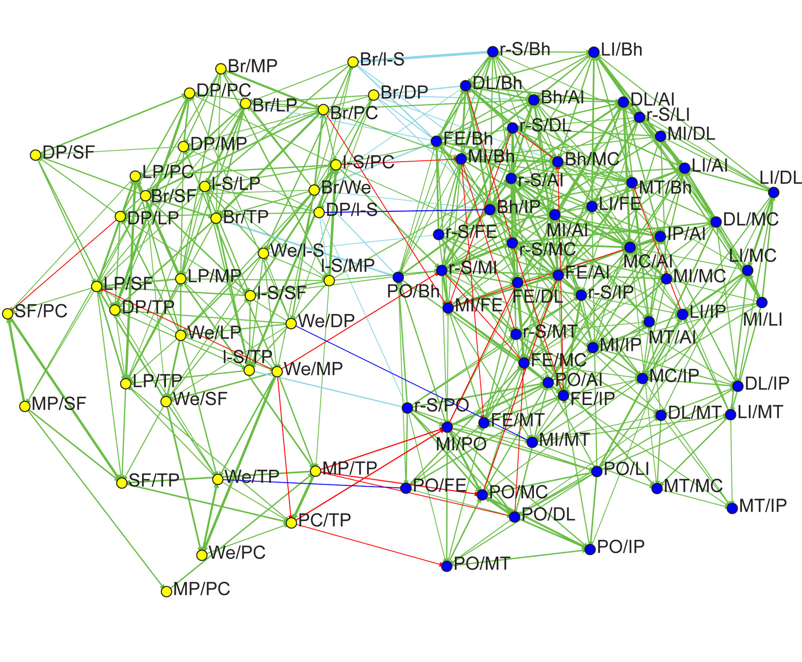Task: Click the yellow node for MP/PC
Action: tap(166, 591)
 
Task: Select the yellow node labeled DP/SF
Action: tap(36, 155)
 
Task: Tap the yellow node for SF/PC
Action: tap(8, 314)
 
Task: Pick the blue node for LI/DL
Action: tap(773, 192)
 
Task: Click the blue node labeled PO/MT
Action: tap(447, 566)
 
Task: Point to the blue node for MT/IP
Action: tap(732, 508)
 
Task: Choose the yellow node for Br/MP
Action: tap(221, 69)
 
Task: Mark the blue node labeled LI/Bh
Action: tap(594, 52)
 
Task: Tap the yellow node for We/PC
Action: tap(202, 555)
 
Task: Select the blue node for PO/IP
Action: tap(590, 549)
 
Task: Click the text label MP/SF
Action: tap(59, 404)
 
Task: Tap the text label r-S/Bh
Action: tap(525, 49)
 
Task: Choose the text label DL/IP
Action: tap(767, 384)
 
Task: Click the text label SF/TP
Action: tap(154, 480)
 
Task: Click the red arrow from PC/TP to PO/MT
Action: tap(368, 544)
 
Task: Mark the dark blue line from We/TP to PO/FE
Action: tap(313, 483)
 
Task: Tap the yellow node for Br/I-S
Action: tap(353, 61)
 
